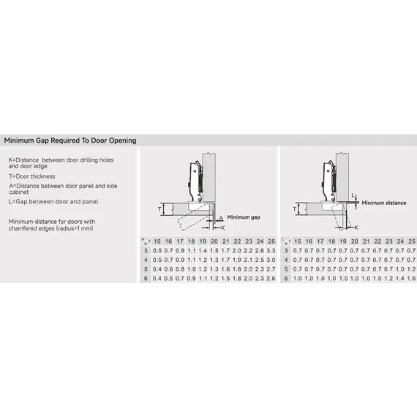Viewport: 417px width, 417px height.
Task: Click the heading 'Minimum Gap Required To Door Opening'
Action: coord(70,140)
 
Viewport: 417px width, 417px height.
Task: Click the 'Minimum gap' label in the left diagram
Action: coord(244,217)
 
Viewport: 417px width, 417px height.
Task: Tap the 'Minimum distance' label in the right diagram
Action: coord(383,203)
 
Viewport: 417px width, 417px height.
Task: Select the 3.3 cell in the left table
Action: coord(272,250)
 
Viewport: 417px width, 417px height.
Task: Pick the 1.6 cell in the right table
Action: coord(411,279)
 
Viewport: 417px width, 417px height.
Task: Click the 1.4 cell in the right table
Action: coord(399,279)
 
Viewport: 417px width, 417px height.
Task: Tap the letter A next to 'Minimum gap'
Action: coord(220,217)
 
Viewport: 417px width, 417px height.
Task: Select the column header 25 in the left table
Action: coord(272,241)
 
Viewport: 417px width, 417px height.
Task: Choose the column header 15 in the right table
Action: coord(298,241)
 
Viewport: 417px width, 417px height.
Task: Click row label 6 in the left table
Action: coord(146,279)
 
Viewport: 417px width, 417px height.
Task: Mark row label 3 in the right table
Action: coord(287,250)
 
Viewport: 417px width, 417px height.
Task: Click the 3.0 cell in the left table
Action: coord(272,260)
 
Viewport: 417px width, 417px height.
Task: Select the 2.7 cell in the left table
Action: coord(272,269)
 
